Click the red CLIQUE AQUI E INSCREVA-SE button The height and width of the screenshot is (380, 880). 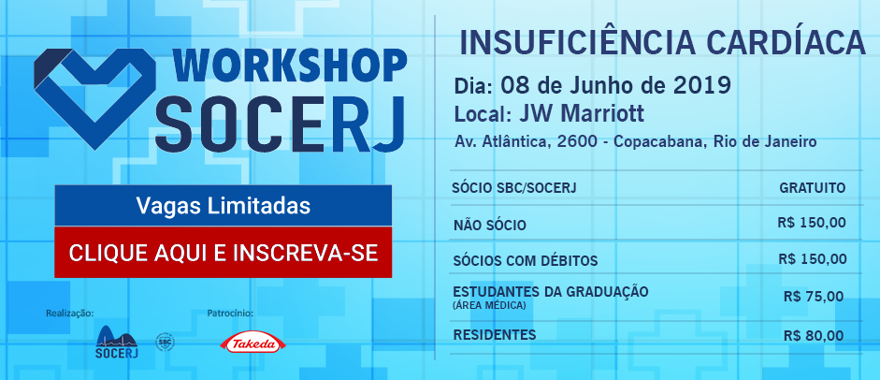[223, 252]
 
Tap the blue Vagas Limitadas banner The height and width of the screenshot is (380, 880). [223, 206]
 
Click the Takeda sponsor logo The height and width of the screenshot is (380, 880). [249, 343]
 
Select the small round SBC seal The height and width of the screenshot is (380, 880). [164, 342]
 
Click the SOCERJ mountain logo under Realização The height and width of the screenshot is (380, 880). [117, 342]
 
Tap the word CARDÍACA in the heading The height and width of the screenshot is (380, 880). [778, 43]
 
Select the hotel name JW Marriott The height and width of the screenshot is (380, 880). [581, 114]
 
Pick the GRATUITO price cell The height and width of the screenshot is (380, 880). [812, 188]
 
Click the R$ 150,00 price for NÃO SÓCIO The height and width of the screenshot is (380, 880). [812, 223]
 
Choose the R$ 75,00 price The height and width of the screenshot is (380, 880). [814, 297]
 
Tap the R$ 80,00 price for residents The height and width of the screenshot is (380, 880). [814, 336]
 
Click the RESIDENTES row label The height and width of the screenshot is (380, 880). [495, 335]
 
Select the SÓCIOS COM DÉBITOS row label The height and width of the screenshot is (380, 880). [526, 261]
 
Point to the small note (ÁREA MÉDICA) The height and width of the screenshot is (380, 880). [489, 305]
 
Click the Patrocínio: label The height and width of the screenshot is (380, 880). [230, 313]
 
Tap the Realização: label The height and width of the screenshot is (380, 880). [69, 313]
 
